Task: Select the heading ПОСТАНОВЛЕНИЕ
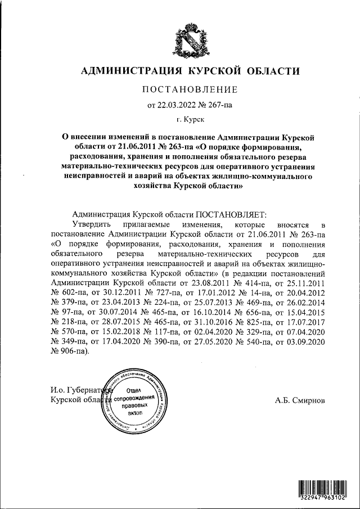click(x=190, y=89)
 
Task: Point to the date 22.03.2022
click(x=179, y=105)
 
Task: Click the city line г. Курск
click(x=190, y=119)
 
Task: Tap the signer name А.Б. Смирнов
click(x=300, y=401)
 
